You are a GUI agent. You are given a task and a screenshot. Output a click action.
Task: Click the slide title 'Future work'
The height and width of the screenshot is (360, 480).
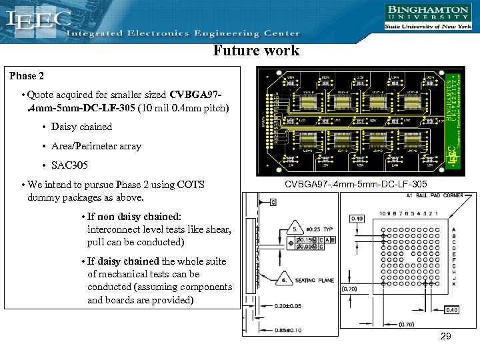(256, 51)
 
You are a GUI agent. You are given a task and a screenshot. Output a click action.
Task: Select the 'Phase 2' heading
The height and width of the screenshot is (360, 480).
(27, 76)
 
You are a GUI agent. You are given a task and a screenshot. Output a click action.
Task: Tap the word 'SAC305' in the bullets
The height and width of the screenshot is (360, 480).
(69, 165)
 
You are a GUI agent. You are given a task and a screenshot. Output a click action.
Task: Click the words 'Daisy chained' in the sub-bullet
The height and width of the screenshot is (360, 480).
(81, 127)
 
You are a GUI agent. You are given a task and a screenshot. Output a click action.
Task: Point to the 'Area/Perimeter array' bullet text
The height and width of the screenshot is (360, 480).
(96, 146)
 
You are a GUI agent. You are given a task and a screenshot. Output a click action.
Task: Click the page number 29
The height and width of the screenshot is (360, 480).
(445, 337)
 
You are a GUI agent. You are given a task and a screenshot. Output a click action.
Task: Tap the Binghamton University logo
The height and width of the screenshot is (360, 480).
(427, 17)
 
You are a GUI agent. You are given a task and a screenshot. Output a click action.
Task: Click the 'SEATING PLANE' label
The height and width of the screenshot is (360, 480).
(315, 280)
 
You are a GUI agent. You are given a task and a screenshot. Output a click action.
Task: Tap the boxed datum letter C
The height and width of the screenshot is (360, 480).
(273, 201)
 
